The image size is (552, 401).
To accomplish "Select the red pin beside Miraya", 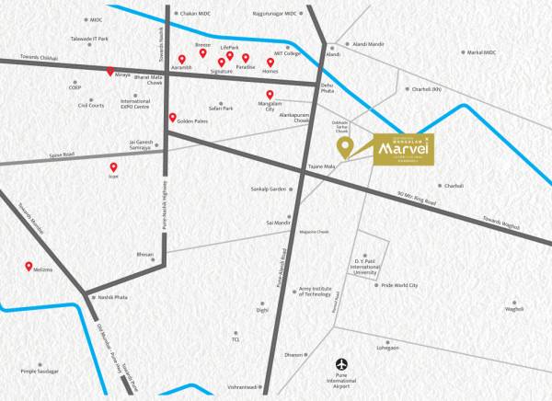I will pyautogui.click(x=110, y=72).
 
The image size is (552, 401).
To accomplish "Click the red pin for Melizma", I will pyautogui.click(x=29, y=267).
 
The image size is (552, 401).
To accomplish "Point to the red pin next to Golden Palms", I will pyautogui.click(x=172, y=118).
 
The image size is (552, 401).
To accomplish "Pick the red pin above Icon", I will pyautogui.click(x=114, y=167).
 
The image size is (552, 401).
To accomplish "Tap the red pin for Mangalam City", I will pyautogui.click(x=270, y=95).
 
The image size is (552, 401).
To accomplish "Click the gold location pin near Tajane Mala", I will pyautogui.click(x=344, y=145).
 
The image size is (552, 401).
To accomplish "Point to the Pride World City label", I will pyautogui.click(x=399, y=286).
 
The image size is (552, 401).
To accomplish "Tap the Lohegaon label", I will pyautogui.click(x=388, y=349).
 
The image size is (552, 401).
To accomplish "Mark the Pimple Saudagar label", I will pyautogui.click(x=40, y=371).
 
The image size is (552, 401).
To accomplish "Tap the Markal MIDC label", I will pyautogui.click(x=481, y=52).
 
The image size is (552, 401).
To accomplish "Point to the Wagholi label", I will pyautogui.click(x=513, y=309).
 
